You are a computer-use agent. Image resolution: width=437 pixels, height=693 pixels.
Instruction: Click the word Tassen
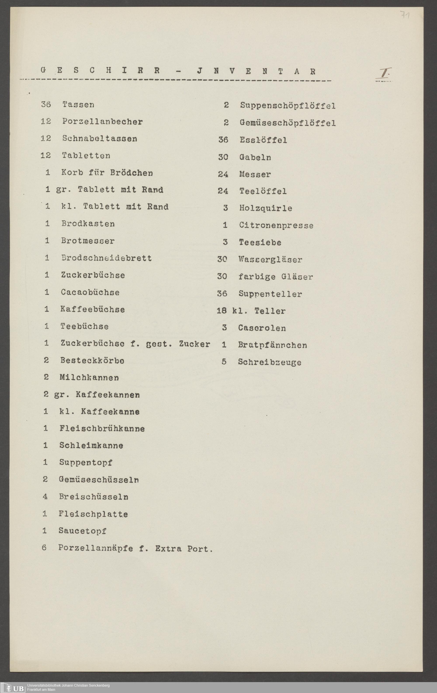coord(78,104)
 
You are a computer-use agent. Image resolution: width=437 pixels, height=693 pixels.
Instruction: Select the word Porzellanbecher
coord(102,121)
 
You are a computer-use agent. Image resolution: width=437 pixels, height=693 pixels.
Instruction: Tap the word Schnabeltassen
coord(100,139)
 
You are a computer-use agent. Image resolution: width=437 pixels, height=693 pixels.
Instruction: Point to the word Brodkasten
coord(88,224)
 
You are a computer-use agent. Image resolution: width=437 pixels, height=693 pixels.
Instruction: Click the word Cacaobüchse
coord(90,292)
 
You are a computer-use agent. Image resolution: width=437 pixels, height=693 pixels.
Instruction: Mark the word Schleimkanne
coord(91,445)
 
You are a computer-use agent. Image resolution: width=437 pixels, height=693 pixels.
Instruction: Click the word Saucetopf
coord(82,531)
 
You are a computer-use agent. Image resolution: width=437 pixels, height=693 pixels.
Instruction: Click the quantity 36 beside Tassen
coord(46,104)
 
